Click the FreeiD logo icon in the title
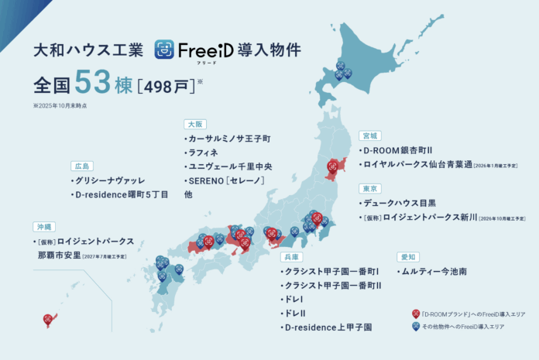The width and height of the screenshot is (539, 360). [165, 50]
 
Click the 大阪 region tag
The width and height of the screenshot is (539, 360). [194, 124]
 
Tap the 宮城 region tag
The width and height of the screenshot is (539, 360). [370, 135]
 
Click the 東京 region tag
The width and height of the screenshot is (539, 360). [369, 188]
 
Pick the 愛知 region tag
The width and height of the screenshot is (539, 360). [408, 256]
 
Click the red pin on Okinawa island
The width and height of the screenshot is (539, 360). [48, 318]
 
